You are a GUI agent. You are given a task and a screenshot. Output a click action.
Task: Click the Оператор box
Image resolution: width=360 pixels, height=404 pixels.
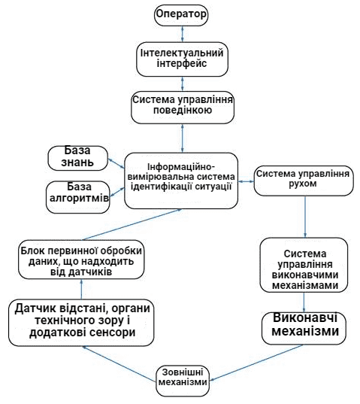pos(181,15)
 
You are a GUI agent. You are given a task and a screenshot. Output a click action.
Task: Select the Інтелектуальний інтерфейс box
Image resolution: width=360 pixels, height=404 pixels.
pos(182,59)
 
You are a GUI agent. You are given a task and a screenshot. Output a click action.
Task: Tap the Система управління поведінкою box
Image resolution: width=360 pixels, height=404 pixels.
pos(183,107)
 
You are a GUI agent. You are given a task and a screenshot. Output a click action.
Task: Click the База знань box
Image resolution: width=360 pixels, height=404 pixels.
pos(77,158)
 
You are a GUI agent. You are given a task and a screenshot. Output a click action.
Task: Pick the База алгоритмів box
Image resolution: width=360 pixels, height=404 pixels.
pos(78,197)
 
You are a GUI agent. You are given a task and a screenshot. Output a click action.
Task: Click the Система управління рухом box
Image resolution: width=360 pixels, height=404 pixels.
pos(304,181)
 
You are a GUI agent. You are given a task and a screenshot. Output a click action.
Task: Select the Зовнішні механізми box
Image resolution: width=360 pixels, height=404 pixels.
pos(183,381)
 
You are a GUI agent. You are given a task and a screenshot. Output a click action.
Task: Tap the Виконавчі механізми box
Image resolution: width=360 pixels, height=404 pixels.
pos(304,329)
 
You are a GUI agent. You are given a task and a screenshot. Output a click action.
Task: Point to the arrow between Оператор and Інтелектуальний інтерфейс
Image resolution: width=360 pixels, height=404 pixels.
pos(183,34)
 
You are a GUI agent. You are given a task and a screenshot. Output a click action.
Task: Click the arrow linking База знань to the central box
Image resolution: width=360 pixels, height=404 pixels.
pos(116,163)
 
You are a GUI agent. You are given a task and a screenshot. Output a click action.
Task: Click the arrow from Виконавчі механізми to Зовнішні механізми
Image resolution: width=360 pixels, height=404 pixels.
pos(256,363)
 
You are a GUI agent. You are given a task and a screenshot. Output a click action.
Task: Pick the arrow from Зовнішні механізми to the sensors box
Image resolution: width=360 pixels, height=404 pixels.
pos(119,363)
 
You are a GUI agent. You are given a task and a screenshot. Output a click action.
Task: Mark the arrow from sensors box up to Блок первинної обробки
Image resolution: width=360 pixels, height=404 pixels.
pos(82,290)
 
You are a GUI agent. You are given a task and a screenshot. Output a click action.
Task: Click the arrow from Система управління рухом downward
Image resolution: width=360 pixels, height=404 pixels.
pos(305,217)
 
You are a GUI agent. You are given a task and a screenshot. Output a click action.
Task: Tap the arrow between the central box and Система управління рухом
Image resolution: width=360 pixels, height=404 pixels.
pos(246,181)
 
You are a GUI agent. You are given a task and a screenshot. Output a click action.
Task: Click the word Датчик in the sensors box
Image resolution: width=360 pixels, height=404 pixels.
pos(35,308)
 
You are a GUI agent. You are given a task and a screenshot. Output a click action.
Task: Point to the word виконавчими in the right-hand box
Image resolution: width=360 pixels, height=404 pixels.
pos(305,275)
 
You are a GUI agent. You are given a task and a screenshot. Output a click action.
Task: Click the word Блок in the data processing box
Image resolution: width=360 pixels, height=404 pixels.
pos(32,251)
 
